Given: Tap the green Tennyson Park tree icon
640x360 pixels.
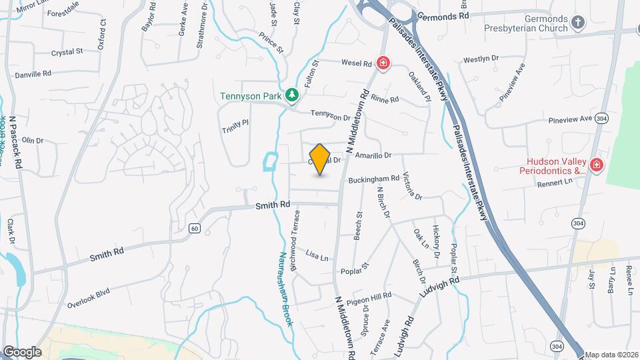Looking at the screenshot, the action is pos(291,96).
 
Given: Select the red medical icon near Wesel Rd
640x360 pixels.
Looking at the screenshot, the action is pos(383,64).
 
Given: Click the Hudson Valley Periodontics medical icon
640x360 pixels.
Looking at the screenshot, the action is pos(595,165).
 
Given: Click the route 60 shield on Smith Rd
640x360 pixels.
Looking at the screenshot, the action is pos(194,228).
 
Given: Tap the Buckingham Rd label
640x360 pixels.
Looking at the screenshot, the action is pos(373,179).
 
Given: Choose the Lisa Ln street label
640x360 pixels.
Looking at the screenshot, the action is pos(317,255).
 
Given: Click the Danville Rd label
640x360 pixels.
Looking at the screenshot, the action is pos(33,73).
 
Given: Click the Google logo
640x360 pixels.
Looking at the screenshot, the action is pos(21,351).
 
